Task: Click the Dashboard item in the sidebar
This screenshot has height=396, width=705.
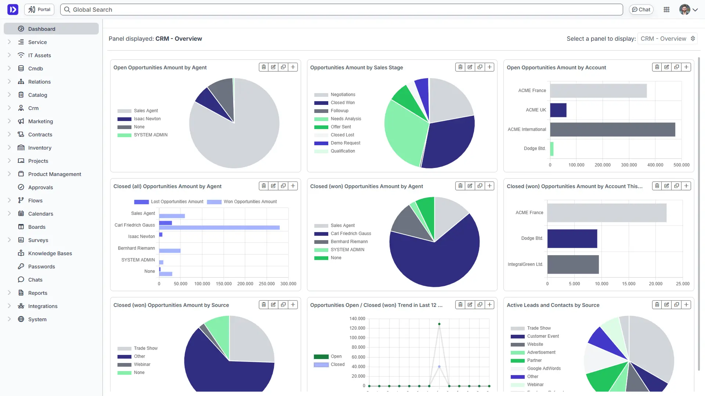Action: (41, 29)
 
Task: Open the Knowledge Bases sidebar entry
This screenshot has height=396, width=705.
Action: (50, 253)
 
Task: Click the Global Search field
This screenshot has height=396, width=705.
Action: (341, 10)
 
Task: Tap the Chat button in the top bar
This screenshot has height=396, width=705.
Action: (641, 10)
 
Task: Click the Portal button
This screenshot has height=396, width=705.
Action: (39, 10)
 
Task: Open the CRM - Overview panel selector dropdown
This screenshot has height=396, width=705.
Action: (667, 38)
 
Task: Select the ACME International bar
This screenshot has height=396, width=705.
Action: (612, 129)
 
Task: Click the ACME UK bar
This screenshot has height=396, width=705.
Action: (558, 110)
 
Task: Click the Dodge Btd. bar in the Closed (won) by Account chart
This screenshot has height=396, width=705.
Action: (572, 238)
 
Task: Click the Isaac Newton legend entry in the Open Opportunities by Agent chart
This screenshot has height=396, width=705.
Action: (147, 119)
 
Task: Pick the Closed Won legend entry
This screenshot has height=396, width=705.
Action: (342, 103)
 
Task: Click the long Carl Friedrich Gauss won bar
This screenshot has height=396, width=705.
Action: (219, 228)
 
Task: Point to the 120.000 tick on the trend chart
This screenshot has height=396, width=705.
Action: (357, 328)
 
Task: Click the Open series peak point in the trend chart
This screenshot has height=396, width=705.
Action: (439, 324)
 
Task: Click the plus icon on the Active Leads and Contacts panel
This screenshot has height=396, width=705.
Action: (686, 305)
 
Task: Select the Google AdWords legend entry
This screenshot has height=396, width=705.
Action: (543, 368)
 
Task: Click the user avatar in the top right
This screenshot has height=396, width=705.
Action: (684, 10)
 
